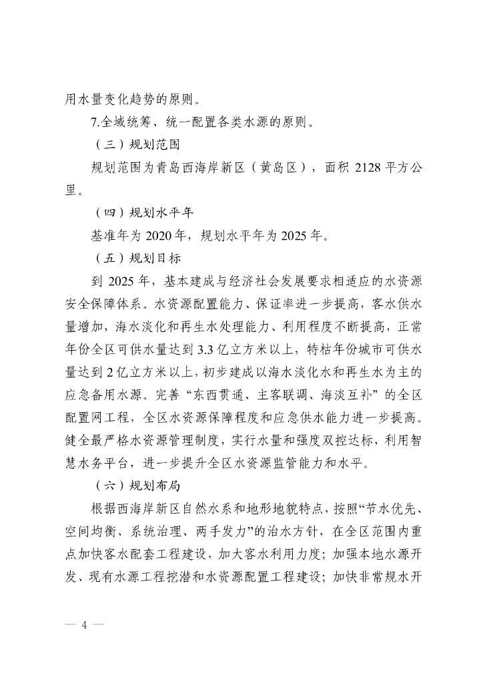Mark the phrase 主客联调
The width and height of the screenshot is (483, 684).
tap(276, 393)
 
